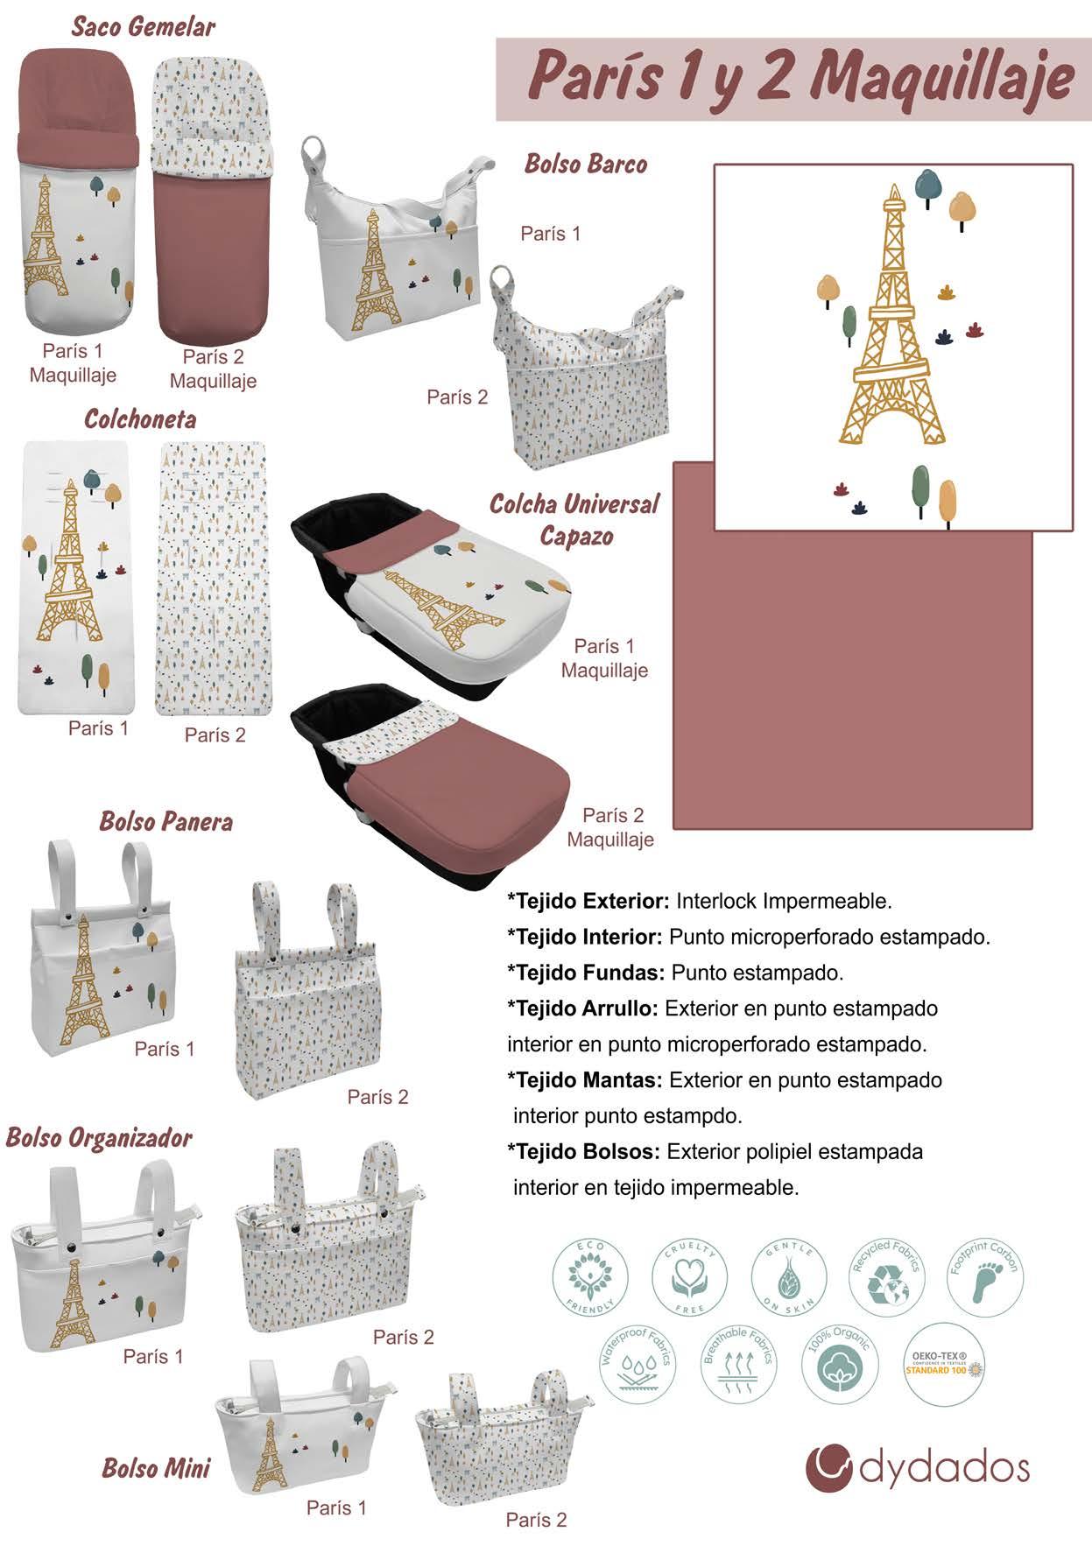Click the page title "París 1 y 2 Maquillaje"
pyautogui.click(x=800, y=78)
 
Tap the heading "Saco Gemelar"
pyautogui.click(x=144, y=26)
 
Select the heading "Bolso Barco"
pyautogui.click(x=586, y=164)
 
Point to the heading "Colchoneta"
pyautogui.click(x=140, y=418)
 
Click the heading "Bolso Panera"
pyautogui.click(x=166, y=821)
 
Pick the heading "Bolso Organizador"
pyautogui.click(x=99, y=1137)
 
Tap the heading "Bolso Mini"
pyautogui.click(x=156, y=1468)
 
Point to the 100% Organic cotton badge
pyautogui.click(x=836, y=1363)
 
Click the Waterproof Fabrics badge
pyautogui.click(x=637, y=1363)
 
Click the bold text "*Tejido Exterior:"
pyautogui.click(x=588, y=901)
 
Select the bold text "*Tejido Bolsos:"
pyautogui.click(x=583, y=1151)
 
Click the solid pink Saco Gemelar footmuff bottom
pyautogui.click(x=213, y=254)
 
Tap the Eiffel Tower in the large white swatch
pyautogui.click(x=894, y=324)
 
